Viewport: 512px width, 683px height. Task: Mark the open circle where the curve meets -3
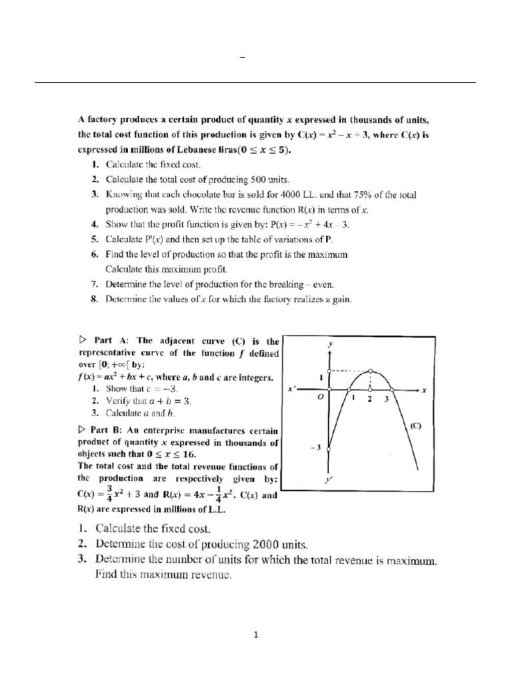[x=329, y=448]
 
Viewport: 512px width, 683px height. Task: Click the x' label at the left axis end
[x=291, y=387]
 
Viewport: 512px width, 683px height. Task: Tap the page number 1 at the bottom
[x=255, y=635]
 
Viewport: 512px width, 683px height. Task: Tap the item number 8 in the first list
[x=95, y=299]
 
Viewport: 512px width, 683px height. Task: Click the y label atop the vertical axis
[x=331, y=344]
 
